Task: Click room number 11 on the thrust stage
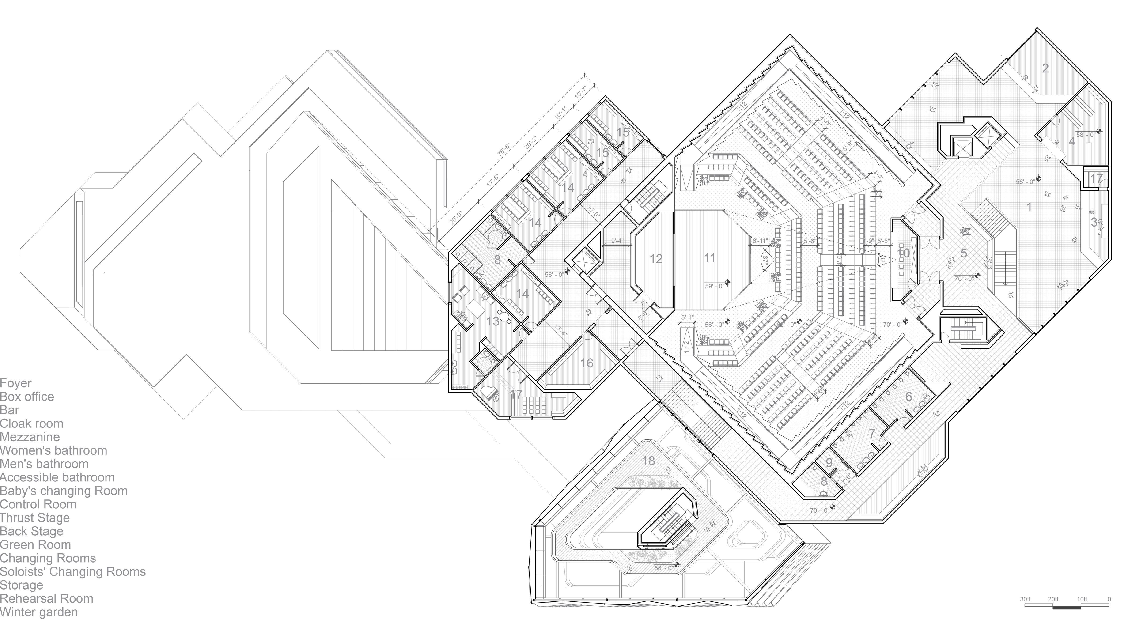pos(709,258)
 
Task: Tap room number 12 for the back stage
pos(655,259)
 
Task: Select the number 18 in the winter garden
pos(648,461)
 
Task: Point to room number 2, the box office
pos(1045,68)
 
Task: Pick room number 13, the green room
pos(493,321)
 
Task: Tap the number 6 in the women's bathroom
pos(909,396)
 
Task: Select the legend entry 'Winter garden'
pos(39,612)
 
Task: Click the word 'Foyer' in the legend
pos(16,383)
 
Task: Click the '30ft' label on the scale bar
pos(1025,599)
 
